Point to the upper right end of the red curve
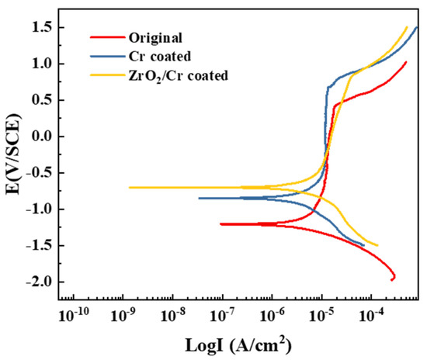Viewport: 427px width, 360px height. pos(406,63)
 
